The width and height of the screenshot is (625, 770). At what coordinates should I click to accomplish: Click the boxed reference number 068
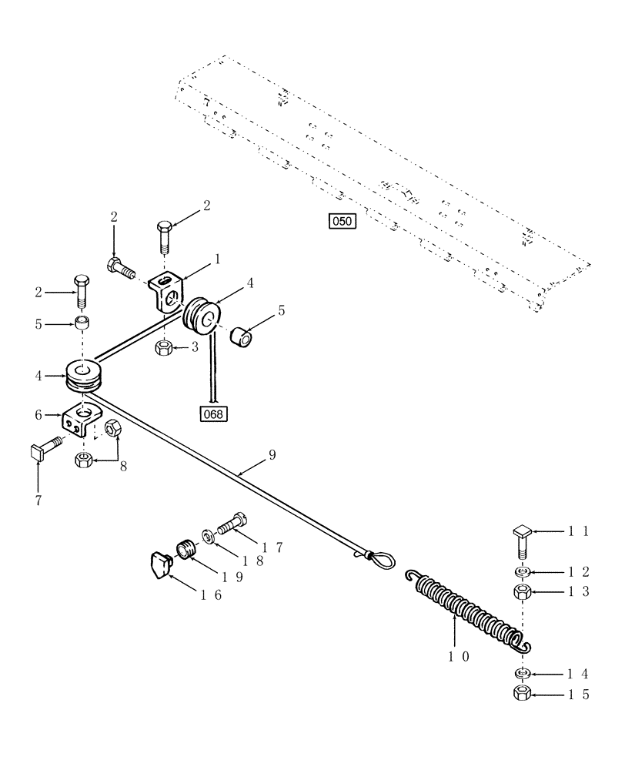coord(213,414)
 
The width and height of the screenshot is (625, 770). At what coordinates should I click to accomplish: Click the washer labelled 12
coord(523,572)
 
